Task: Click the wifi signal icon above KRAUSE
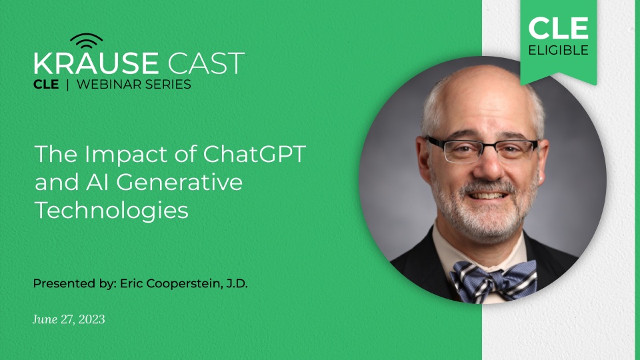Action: click(87, 42)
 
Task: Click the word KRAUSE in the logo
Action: click(96, 64)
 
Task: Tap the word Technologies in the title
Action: click(111, 210)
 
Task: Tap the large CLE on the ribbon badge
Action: click(559, 28)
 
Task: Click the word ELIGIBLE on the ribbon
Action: click(559, 50)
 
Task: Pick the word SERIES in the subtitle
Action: click(173, 85)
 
